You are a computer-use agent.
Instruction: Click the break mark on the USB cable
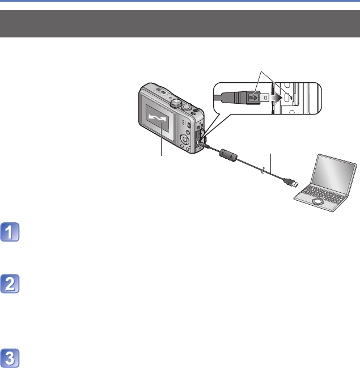point(264,171)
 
